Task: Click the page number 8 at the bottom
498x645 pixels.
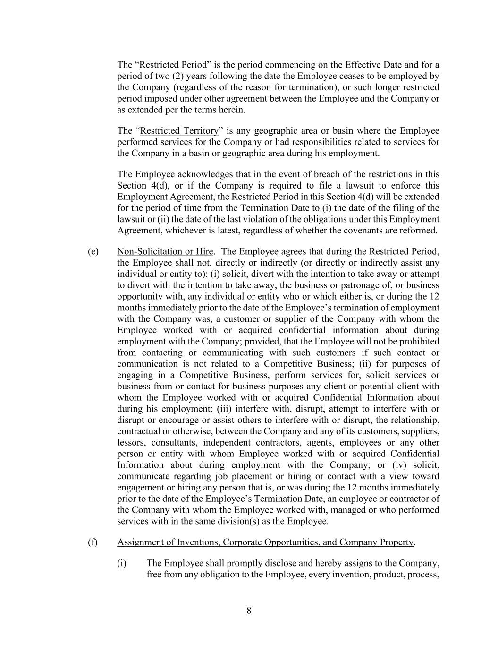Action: click(249, 611)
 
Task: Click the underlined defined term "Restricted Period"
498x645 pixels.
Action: click(173, 65)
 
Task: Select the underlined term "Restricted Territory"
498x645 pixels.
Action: click(179, 130)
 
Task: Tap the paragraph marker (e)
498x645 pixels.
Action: click(93, 251)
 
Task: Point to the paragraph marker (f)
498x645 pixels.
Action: click(93, 542)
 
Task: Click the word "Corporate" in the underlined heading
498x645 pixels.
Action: click(241, 542)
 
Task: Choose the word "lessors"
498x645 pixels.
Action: click(131, 443)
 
